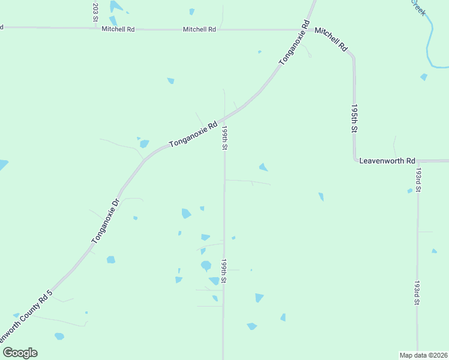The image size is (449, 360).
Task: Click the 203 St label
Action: tap(95, 12)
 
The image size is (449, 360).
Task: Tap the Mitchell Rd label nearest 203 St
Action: tap(118, 29)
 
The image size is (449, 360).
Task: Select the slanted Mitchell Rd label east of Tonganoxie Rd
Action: tap(331, 38)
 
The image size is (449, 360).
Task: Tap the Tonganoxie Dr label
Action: tap(106, 221)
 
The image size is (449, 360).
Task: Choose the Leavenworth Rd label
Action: tap(387, 161)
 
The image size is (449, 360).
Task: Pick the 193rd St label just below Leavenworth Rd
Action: tap(418, 179)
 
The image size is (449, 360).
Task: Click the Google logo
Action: tap(20, 353)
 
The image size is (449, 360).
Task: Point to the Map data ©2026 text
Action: tap(423, 355)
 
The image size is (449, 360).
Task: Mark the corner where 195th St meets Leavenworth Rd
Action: tap(355, 161)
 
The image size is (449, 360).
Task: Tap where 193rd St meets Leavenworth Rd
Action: tap(418, 161)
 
